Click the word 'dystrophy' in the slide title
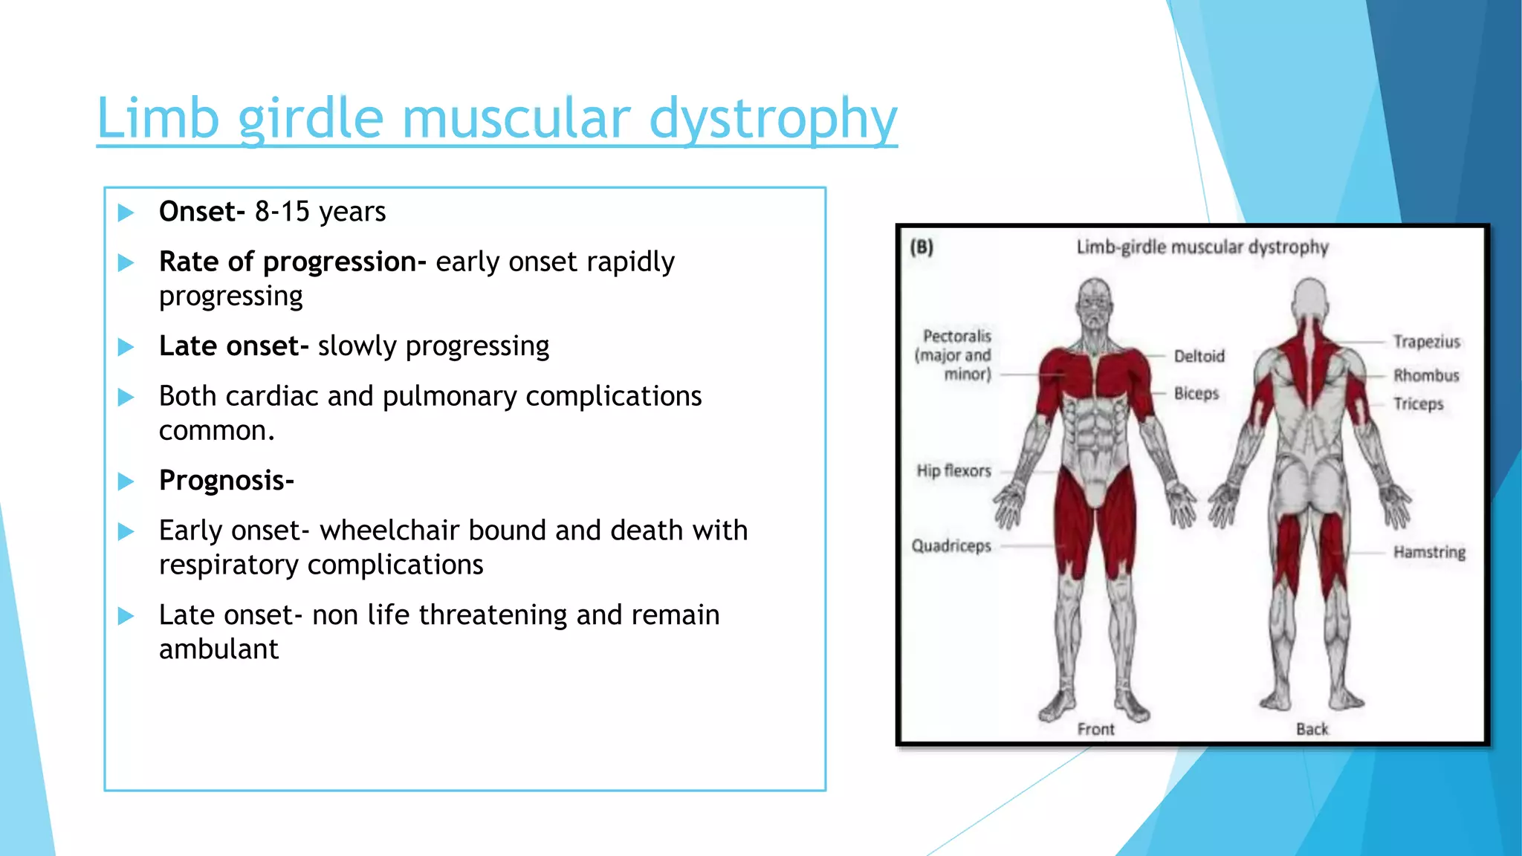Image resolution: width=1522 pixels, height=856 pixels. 773,119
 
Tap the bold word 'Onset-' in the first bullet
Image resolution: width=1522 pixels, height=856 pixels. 201,212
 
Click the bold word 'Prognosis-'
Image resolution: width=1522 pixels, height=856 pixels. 227,481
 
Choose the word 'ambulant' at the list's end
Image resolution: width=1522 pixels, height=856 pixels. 218,649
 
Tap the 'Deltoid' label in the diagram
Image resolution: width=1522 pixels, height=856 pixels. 1199,357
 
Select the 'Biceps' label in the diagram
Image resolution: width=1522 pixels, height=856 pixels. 1196,393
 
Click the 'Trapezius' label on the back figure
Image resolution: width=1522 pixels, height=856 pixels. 1426,342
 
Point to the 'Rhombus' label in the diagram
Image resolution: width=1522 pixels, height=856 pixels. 1426,375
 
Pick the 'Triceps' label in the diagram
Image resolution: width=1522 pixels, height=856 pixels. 1418,404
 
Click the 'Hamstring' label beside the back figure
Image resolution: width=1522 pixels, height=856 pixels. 1429,552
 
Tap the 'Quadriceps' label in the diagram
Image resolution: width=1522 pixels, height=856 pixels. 951,546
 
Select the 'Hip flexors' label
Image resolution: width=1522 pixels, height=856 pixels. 953,471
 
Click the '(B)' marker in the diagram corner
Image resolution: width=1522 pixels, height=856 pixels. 922,247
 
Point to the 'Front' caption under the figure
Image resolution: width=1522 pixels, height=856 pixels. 1095,730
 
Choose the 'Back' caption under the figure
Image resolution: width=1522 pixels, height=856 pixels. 1312,730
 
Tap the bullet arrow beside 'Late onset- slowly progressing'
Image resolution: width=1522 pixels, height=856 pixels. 126,347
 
